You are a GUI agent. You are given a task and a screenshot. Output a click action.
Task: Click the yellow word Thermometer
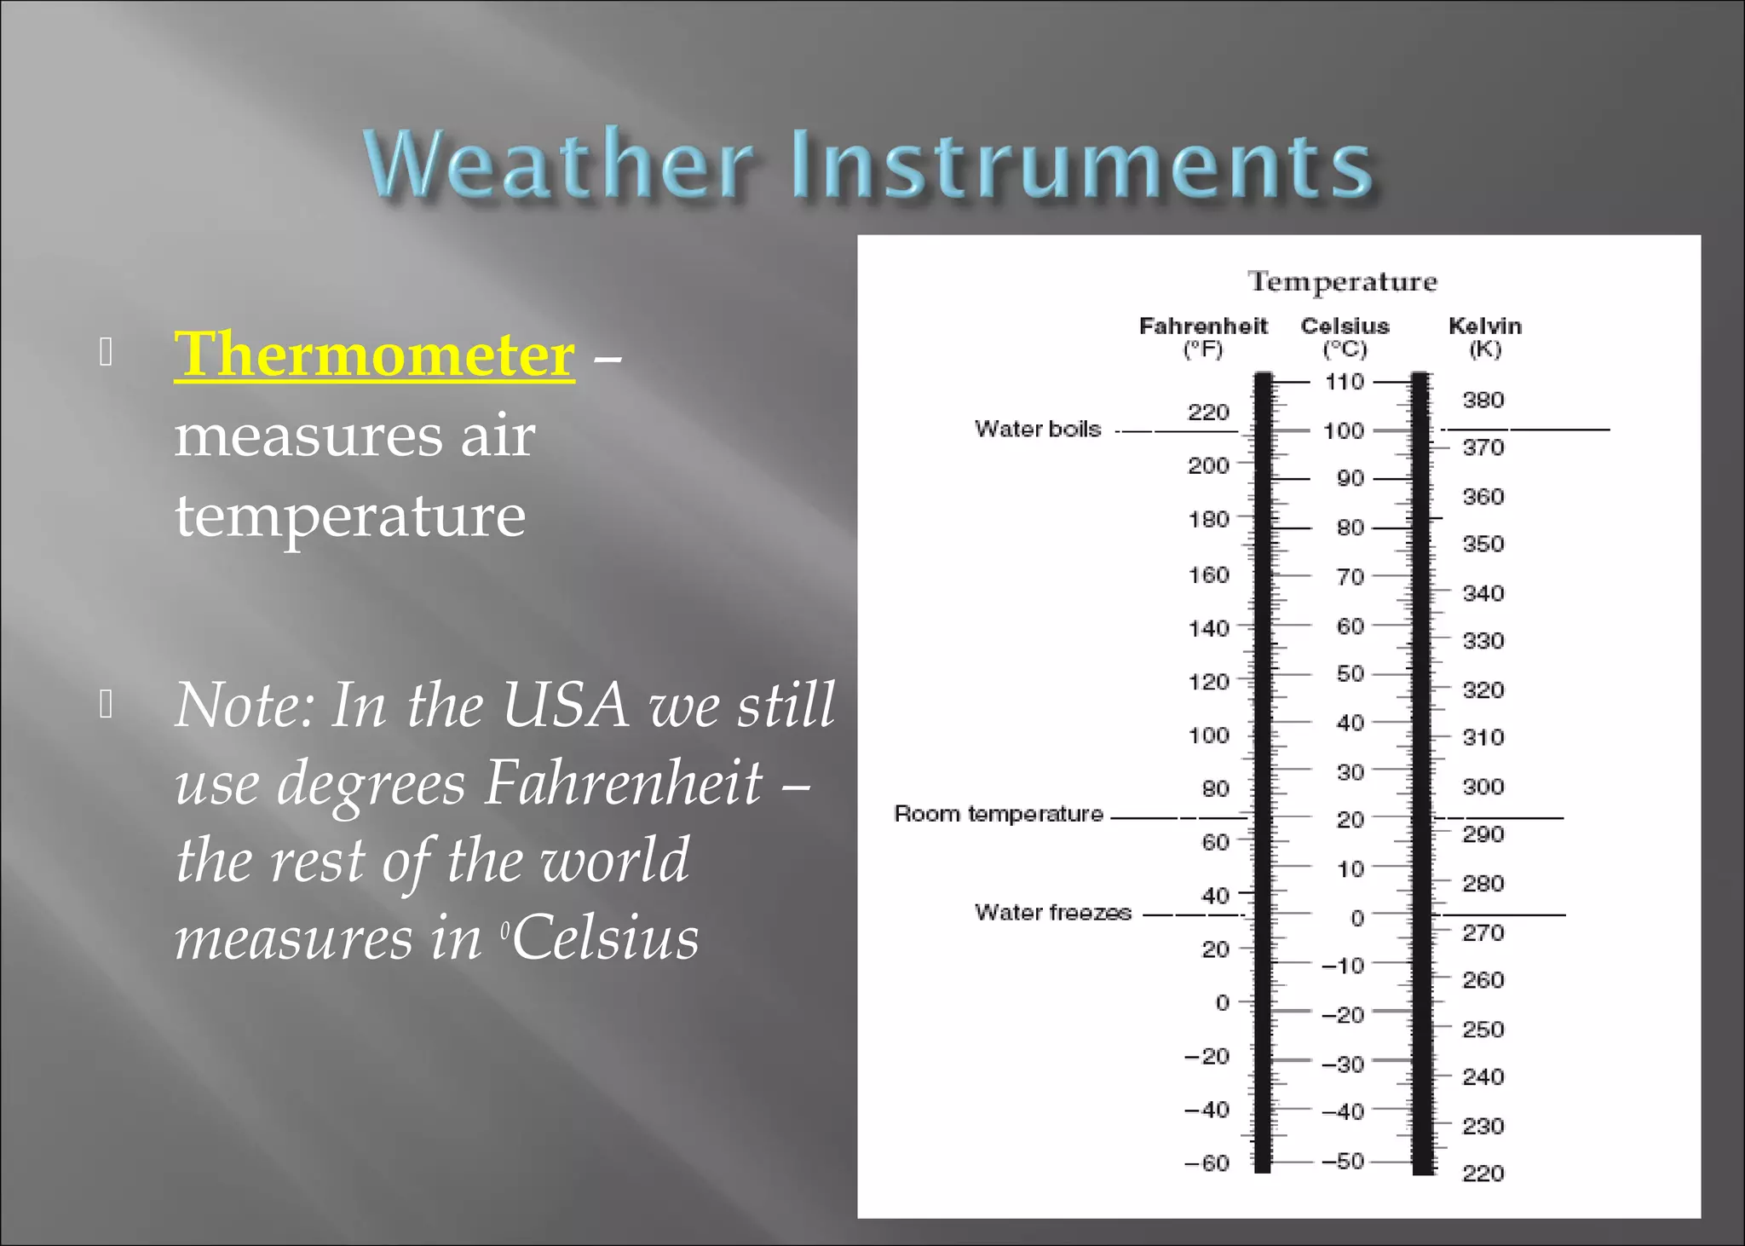374,354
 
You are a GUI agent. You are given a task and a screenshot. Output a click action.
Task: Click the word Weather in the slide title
558,164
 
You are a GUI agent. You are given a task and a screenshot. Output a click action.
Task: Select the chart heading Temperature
1342,281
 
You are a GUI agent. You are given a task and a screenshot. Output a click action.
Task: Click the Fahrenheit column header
1203,326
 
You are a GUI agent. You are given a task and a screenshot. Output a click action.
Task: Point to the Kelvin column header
1484,326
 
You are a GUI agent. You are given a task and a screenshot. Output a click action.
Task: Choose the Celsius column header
1345,326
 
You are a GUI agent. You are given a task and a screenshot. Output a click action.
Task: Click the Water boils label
1038,429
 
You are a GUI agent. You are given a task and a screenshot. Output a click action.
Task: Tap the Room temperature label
998,814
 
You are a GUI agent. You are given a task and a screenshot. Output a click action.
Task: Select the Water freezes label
1052,913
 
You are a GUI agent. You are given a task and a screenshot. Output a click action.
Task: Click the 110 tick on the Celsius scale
1344,382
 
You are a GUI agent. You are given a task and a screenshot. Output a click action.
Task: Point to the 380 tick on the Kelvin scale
1483,400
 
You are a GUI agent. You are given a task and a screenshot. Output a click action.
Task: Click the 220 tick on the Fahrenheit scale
1208,412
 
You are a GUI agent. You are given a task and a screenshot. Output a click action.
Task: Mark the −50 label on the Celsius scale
1343,1161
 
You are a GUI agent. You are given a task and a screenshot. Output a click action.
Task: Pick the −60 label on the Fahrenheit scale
1207,1163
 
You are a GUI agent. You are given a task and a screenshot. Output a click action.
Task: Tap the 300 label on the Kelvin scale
1483,787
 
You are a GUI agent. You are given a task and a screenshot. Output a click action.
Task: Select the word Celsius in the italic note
606,938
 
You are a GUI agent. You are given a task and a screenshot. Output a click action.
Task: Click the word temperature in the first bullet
350,516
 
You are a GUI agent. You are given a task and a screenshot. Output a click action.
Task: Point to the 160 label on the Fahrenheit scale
1208,575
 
